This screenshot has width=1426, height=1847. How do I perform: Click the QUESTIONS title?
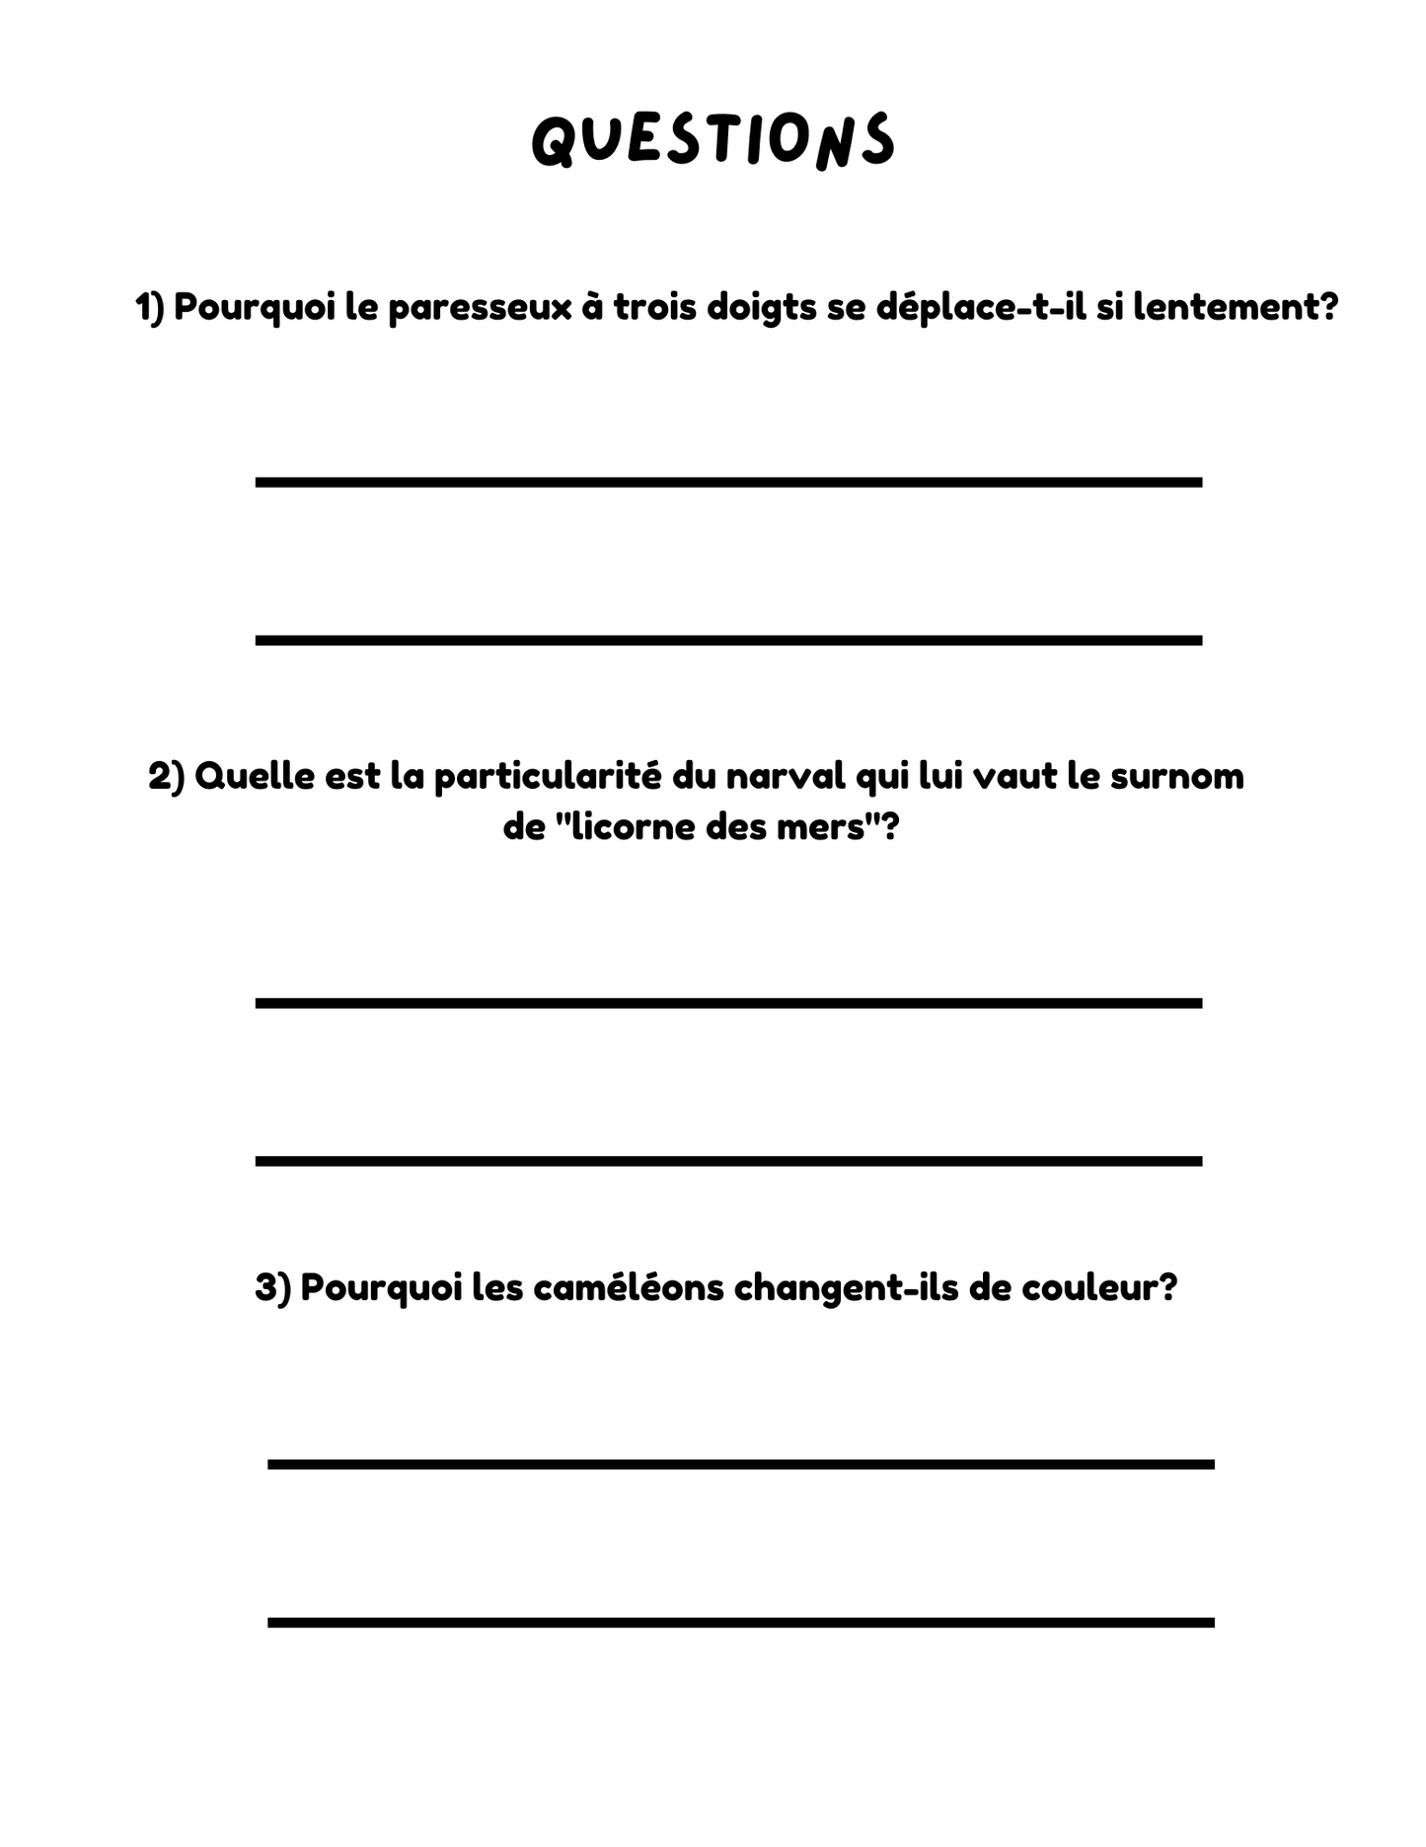point(713,139)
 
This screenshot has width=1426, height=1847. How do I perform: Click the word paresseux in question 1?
point(480,307)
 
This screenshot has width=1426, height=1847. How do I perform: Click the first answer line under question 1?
point(728,482)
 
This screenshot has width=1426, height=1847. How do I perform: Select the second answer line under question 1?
point(728,640)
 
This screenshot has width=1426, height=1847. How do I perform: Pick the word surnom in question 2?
point(1176,776)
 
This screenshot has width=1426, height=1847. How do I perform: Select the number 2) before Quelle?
point(166,776)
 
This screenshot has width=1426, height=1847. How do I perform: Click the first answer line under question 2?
point(728,1002)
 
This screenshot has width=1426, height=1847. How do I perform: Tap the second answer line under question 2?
point(728,1161)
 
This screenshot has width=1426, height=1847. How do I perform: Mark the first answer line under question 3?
point(740,1464)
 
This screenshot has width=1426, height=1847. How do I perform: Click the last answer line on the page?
point(740,1622)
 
